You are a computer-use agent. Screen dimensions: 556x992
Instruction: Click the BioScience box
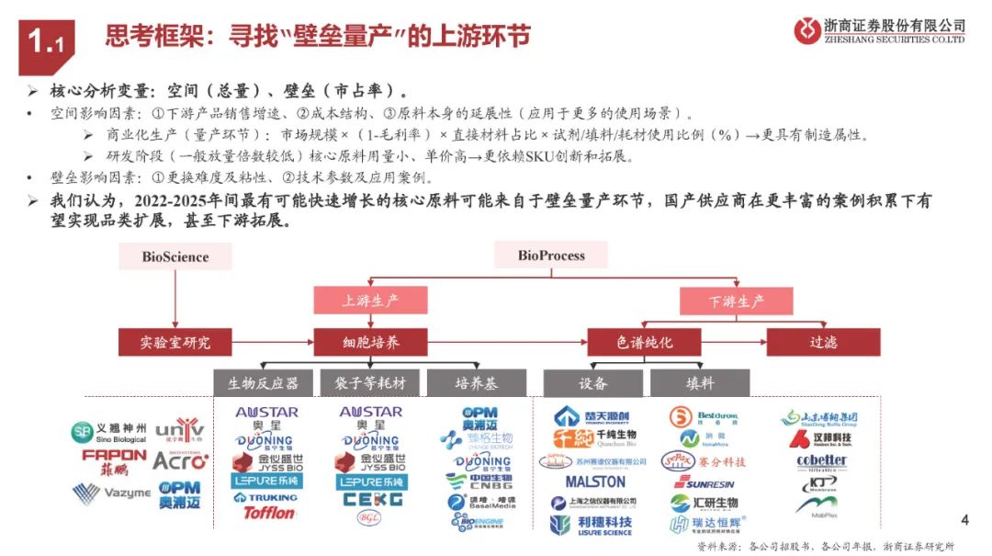(175, 256)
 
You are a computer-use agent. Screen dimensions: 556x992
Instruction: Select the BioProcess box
(551, 255)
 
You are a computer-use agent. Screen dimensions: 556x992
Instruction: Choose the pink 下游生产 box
(736, 301)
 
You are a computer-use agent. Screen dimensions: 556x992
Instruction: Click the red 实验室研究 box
(175, 343)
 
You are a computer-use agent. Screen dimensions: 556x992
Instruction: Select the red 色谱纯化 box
(644, 343)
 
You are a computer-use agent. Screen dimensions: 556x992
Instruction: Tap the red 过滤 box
(823, 343)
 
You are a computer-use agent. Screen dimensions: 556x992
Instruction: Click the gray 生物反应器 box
(264, 382)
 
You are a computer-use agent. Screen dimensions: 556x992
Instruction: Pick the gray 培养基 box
(477, 382)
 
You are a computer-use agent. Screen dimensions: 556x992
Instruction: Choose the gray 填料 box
(700, 382)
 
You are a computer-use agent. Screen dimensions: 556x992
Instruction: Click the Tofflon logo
(269, 513)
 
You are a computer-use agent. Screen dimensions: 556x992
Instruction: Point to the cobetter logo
(821, 460)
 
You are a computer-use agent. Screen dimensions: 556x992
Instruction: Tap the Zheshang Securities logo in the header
(879, 30)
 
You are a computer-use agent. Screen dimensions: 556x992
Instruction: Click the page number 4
(964, 521)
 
